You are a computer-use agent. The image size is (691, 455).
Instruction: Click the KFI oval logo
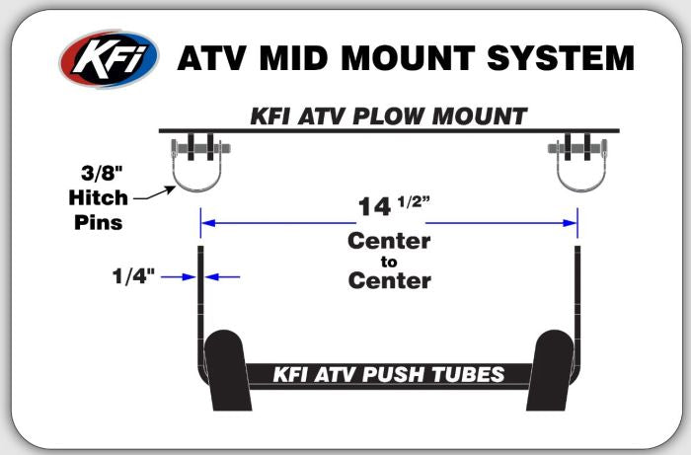[x=109, y=58]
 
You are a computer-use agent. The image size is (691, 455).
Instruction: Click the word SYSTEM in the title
[x=561, y=58]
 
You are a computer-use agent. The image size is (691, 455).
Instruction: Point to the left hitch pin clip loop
[x=196, y=189]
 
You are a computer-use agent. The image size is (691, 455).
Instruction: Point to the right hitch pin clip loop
[x=581, y=189]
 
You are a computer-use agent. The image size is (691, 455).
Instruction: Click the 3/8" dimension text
[x=102, y=173]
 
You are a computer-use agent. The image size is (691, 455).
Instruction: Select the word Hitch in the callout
[x=99, y=197]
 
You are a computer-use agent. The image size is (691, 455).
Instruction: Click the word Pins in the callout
[x=99, y=222]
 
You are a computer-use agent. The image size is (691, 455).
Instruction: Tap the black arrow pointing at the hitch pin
[x=154, y=193]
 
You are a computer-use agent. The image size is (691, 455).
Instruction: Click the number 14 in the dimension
[x=374, y=206]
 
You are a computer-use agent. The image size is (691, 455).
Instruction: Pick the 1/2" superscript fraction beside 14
[x=414, y=201]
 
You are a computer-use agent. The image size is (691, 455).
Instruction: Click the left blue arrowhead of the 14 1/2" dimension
[x=208, y=223]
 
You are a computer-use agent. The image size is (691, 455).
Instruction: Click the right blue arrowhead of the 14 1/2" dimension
[x=571, y=223]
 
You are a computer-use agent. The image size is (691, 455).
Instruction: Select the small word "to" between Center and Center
[x=389, y=262]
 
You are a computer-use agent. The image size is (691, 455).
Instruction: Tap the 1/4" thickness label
[x=133, y=276]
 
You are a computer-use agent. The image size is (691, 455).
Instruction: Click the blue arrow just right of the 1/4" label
[x=179, y=277]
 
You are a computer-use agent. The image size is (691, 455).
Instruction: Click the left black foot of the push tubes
[x=227, y=370]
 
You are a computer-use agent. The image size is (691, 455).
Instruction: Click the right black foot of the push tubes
[x=551, y=370]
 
